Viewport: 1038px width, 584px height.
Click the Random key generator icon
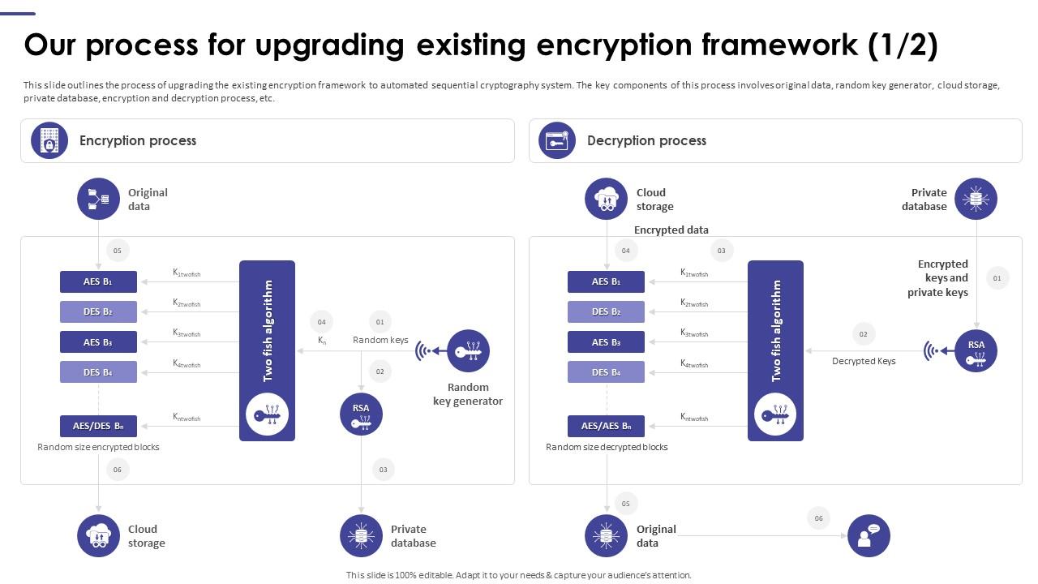468,351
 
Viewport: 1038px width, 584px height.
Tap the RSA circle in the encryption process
361,414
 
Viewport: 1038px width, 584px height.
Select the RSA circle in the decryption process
976,351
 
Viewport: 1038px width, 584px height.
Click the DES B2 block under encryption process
98,311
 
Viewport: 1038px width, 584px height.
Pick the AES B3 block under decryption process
606,341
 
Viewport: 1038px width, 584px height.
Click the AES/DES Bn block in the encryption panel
98,426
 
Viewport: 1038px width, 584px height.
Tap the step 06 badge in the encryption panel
118,469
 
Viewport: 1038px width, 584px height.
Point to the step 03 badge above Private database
383,469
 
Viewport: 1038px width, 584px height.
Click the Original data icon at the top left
98,199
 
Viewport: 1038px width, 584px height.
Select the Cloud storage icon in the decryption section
606,199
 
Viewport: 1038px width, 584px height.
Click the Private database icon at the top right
976,199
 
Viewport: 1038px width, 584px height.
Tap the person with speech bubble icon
869,535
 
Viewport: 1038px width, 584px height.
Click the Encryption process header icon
49,140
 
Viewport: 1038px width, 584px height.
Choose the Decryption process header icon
557,140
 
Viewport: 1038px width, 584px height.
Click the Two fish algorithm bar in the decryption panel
775,350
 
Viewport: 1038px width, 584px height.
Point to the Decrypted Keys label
864,361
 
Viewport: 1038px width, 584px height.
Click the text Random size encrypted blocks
98,447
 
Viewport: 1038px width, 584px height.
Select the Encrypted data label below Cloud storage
671,230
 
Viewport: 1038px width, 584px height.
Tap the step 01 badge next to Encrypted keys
997,278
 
